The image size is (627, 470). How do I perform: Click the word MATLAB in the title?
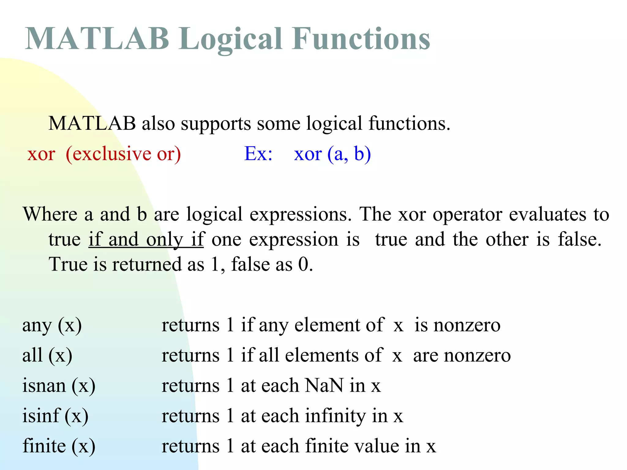(x=97, y=39)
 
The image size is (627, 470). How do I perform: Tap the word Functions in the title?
(x=361, y=39)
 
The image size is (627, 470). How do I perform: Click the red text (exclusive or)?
(x=123, y=154)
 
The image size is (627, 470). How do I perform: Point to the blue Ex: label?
(x=258, y=154)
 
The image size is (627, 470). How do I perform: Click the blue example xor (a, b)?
(x=332, y=154)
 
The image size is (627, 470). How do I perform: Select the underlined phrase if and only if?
(x=146, y=240)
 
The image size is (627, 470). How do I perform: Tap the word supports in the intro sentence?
(x=216, y=124)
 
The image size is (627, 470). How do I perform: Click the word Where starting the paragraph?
(x=50, y=214)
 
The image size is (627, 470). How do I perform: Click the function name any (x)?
(x=52, y=326)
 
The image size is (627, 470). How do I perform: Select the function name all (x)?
(x=47, y=356)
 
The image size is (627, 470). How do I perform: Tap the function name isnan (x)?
(x=59, y=386)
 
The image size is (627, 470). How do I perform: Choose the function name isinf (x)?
(x=55, y=416)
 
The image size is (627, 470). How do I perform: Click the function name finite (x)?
(x=59, y=446)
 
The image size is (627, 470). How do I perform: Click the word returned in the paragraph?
(x=147, y=264)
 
